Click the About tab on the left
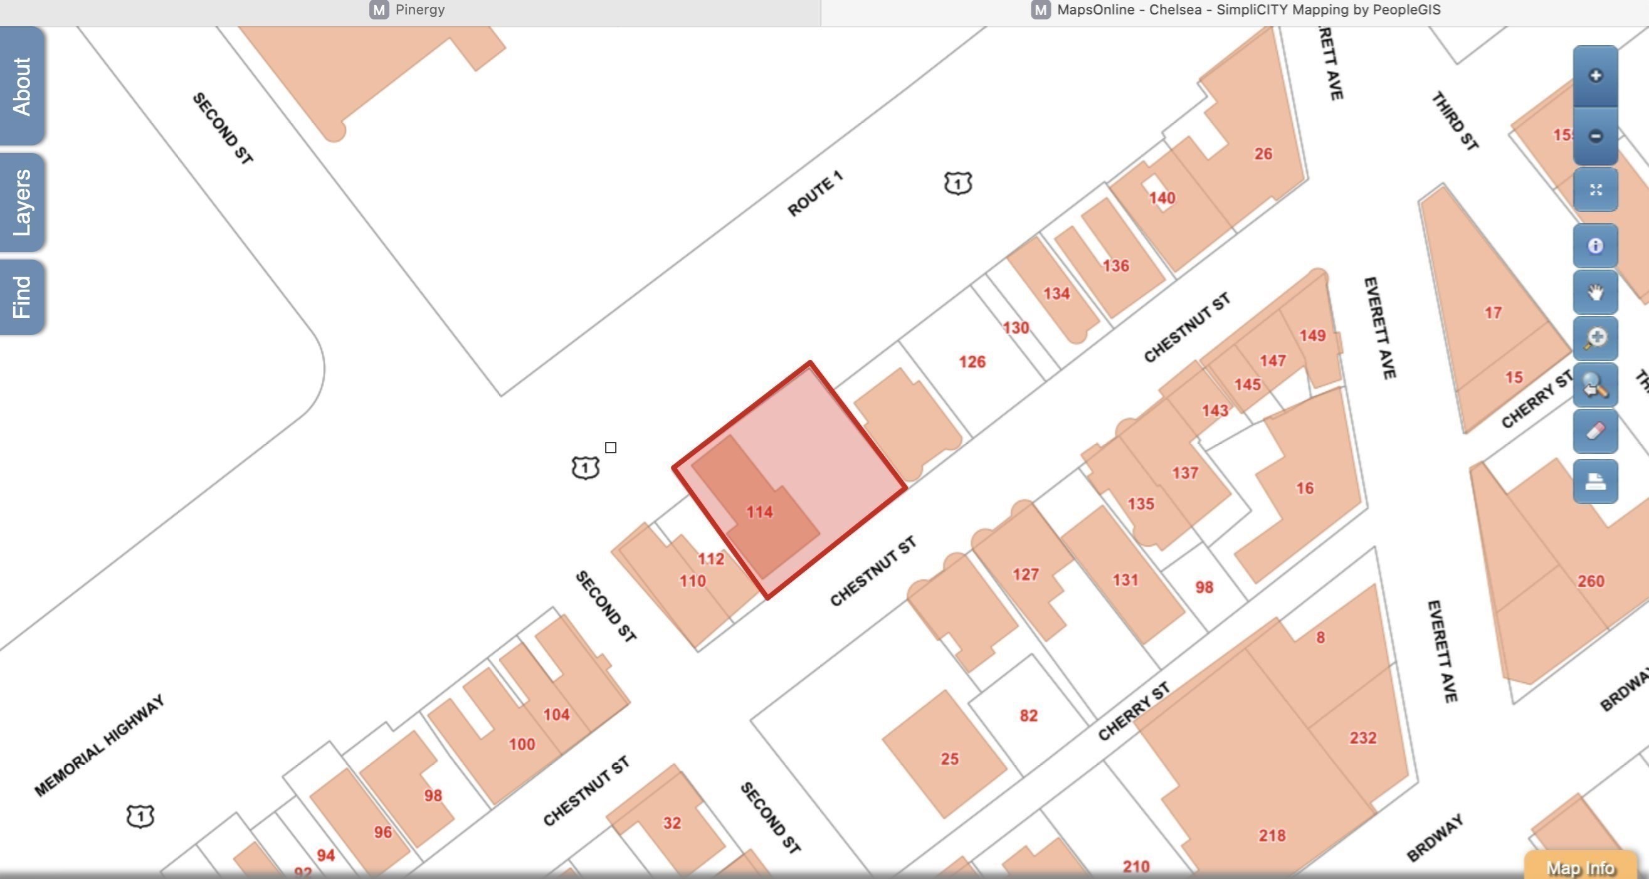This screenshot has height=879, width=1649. tap(22, 86)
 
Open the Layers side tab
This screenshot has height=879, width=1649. tap(22, 203)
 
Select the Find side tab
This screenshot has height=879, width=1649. tap(22, 297)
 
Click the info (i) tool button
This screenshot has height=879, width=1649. tap(1594, 246)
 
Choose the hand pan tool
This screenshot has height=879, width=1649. tap(1594, 293)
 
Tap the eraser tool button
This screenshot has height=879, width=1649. tap(1594, 431)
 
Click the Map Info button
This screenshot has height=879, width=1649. tap(1580, 868)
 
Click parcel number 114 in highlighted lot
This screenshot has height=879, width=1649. tap(759, 512)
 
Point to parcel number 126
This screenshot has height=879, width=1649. tap(972, 362)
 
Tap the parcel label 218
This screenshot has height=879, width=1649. tap(1272, 836)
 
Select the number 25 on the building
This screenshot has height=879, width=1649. tap(949, 759)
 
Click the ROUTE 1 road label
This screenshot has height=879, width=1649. tap(815, 194)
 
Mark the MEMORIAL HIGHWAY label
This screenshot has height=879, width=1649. tap(100, 746)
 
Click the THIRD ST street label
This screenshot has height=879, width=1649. tap(1455, 122)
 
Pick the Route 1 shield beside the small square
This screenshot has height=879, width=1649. tap(584, 468)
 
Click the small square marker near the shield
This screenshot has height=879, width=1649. tap(611, 448)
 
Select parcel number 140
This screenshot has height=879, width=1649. tap(1161, 199)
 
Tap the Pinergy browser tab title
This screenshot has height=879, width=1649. tap(419, 9)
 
